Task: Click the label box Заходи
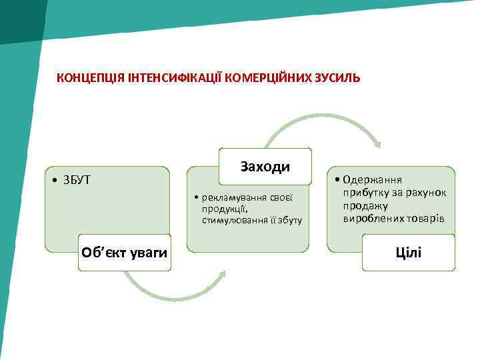(265, 166)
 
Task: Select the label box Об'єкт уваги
(124, 252)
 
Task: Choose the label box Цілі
(408, 252)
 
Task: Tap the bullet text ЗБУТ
(77, 179)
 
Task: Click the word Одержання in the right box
(373, 179)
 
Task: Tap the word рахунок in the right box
(427, 193)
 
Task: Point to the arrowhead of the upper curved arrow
(377, 143)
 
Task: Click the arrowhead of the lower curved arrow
(220, 275)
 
